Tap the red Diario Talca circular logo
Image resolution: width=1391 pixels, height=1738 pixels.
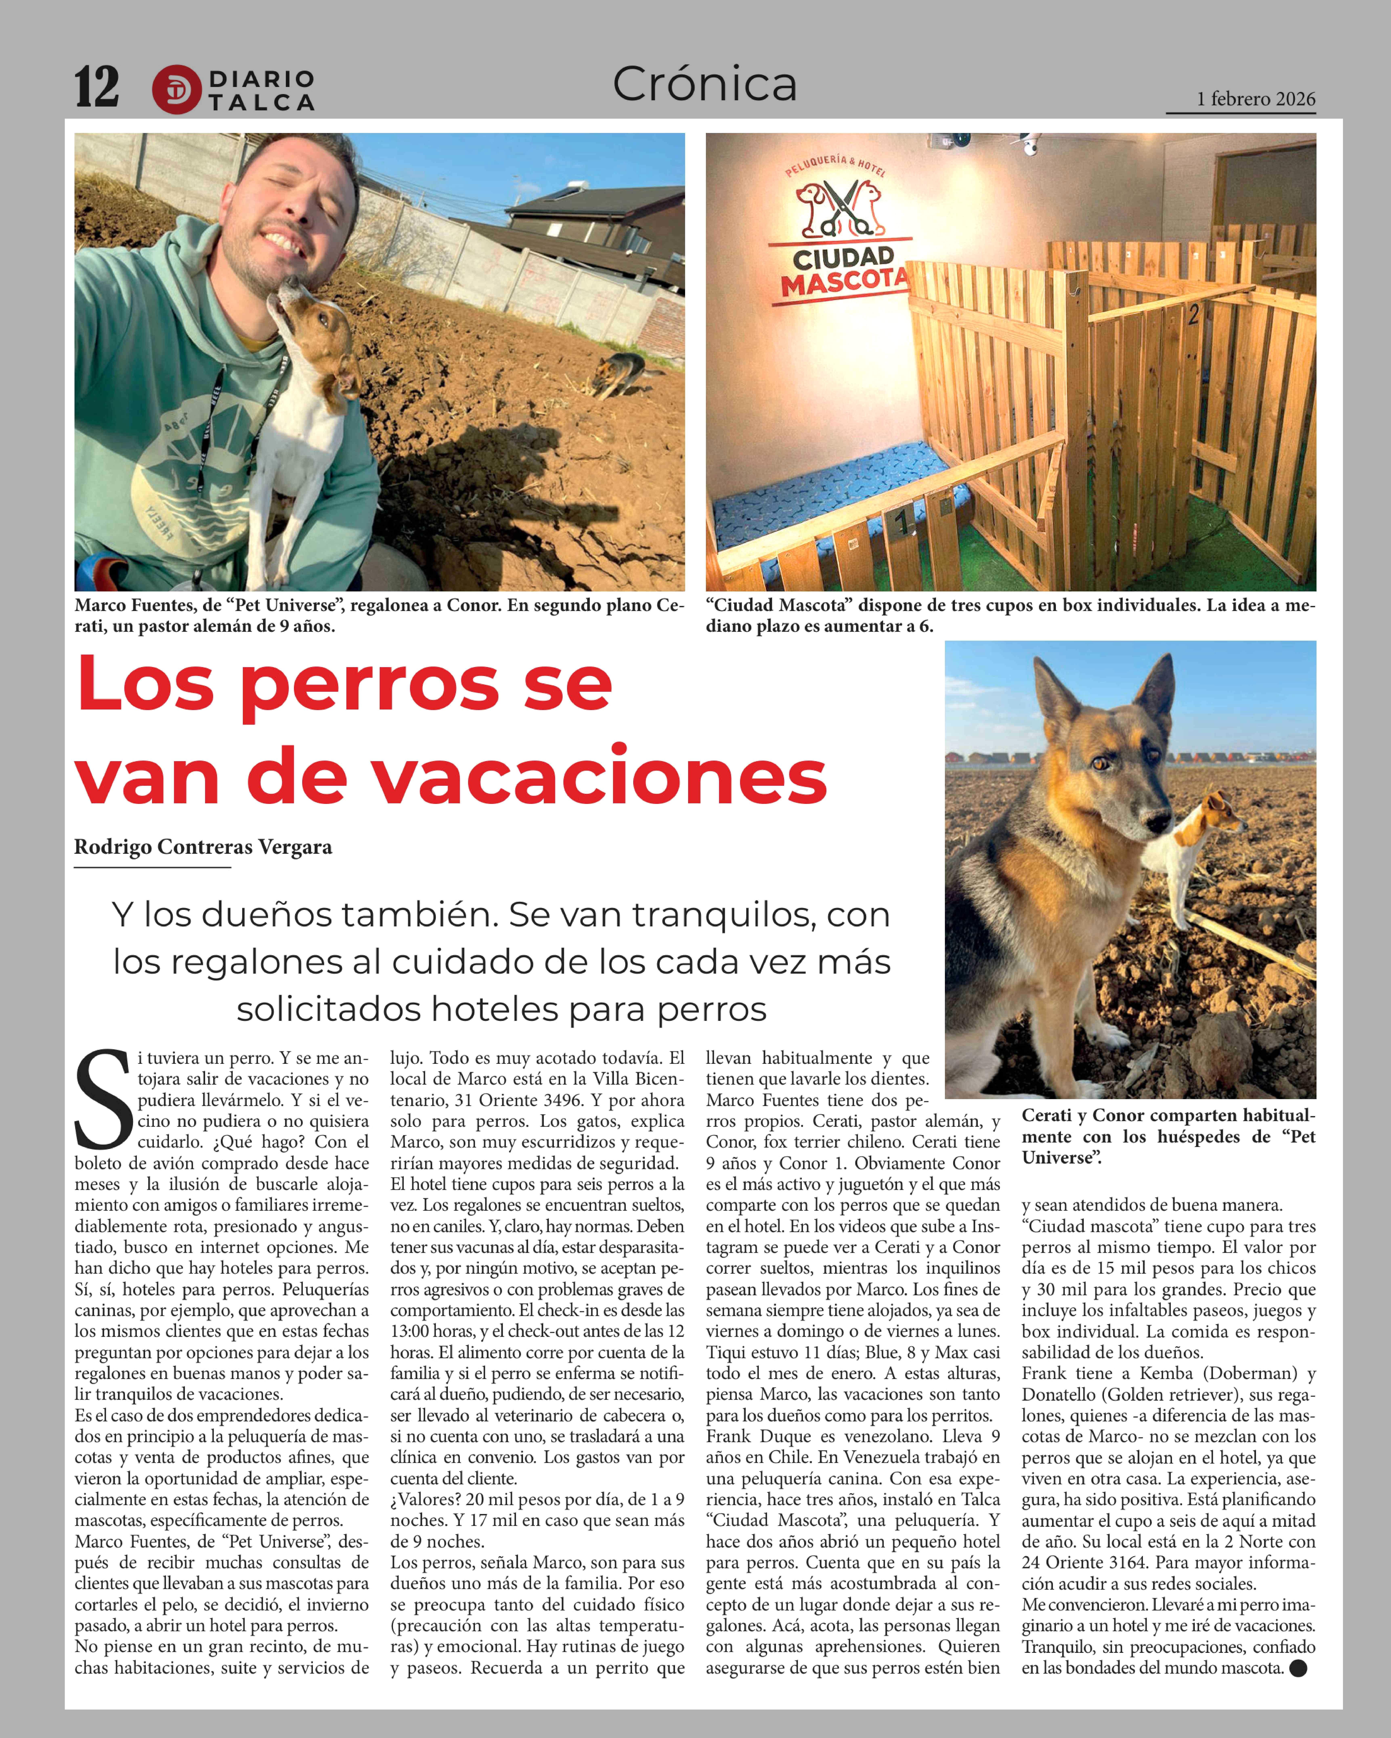176,89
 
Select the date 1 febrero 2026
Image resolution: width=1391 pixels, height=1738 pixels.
1256,99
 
